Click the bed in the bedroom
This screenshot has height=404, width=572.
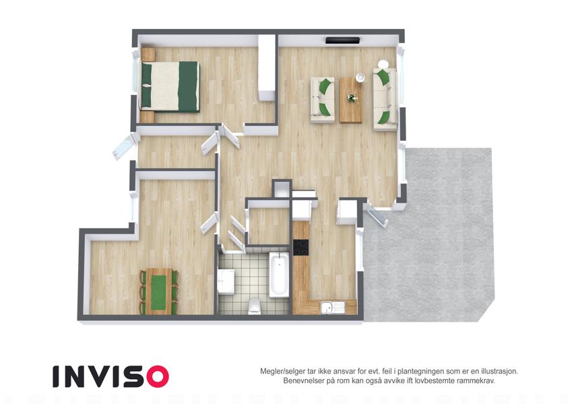point(170,86)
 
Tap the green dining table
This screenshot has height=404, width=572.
point(158,292)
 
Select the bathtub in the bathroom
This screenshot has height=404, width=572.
point(280,274)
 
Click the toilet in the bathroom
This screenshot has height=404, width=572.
point(254,306)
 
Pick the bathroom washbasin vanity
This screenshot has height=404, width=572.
point(226,281)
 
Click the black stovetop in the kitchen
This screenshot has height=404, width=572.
point(301,247)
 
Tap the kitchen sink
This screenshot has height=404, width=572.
point(332,307)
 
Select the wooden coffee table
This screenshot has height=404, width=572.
point(351,100)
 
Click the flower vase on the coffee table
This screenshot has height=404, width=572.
point(352,98)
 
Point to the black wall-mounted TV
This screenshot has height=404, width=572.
point(342,40)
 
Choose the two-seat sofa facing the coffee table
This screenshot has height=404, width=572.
point(323,100)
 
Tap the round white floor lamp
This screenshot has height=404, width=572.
point(383,64)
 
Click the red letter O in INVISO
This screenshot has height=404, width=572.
point(158,376)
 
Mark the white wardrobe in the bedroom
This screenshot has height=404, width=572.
point(267,67)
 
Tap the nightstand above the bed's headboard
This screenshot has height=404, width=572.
point(148,55)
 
